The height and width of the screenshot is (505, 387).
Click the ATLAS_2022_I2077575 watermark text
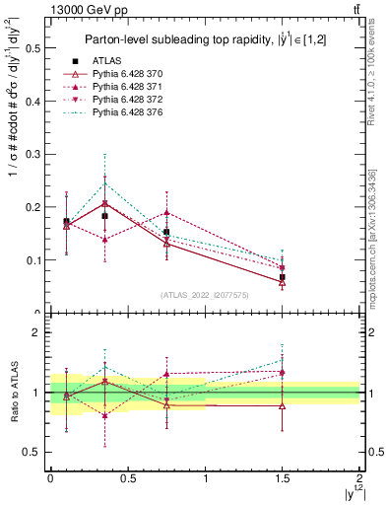pyautogui.click(x=205, y=294)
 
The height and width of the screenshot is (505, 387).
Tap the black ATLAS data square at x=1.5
pyautogui.click(x=283, y=277)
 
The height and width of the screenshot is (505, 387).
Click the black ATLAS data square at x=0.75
pyautogui.click(x=166, y=233)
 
